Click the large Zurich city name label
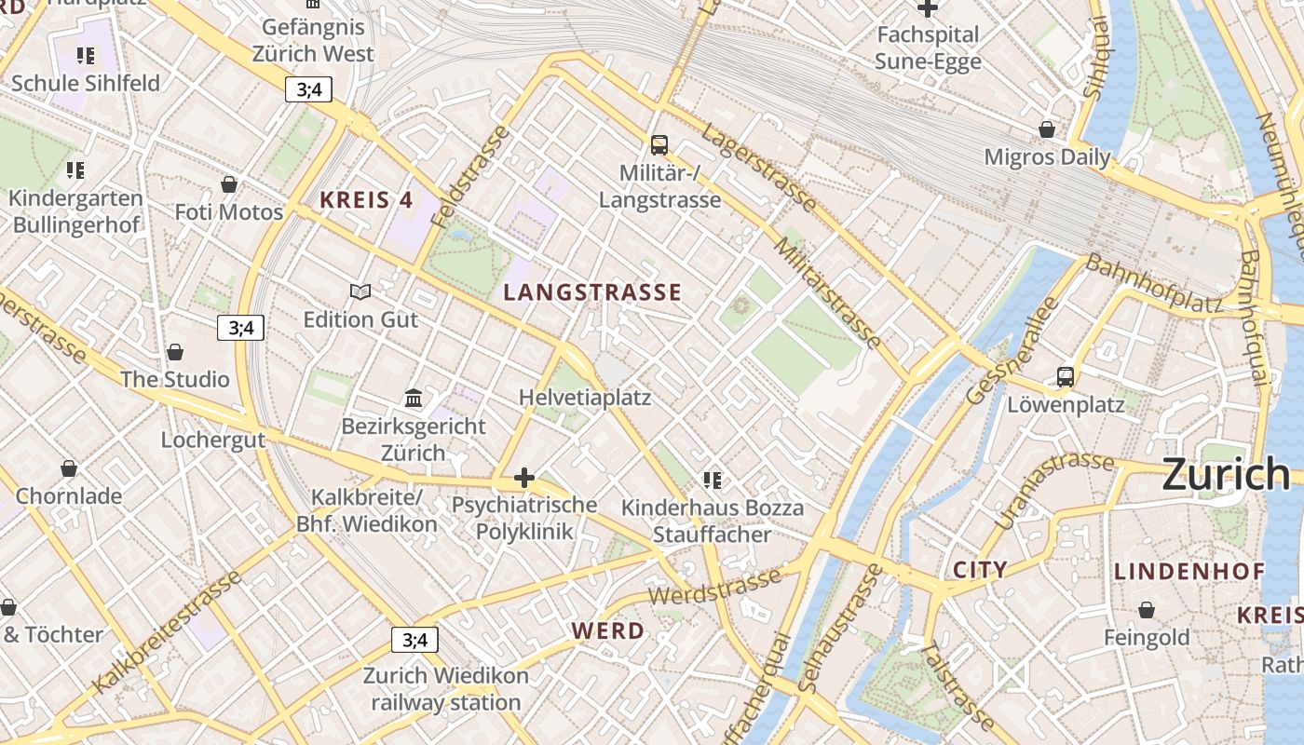1226,474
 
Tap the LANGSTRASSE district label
592,292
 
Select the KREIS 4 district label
366,199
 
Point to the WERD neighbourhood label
607,630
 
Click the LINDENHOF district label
1189,571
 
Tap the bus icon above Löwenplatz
1066,377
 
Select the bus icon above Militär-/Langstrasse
659,144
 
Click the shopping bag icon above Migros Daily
1047,129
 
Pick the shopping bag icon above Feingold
1147,610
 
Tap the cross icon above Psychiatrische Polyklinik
524,478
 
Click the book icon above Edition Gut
360,291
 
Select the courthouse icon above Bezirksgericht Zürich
414,399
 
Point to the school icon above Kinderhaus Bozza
713,481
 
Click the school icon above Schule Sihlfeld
86,56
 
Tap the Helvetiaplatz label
585,398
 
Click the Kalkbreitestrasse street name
168,631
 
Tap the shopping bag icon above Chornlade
69,467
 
